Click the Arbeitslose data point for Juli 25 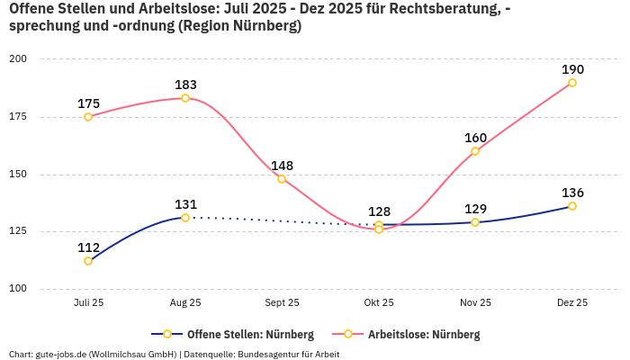pyautogui.click(x=88, y=117)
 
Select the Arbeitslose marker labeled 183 pyautogui.click(x=185, y=98)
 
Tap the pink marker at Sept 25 pyautogui.click(x=282, y=179)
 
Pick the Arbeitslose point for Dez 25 pyautogui.click(x=572, y=83)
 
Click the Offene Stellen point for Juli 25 pyautogui.click(x=88, y=261)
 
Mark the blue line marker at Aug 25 pyautogui.click(x=185, y=218)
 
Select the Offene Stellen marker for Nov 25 pyautogui.click(x=475, y=222)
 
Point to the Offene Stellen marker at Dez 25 pyautogui.click(x=572, y=206)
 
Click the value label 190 pyautogui.click(x=572, y=69)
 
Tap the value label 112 pyautogui.click(x=88, y=247)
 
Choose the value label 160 pyautogui.click(x=475, y=138)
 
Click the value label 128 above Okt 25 pyautogui.click(x=379, y=211)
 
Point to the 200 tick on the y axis pyautogui.click(x=18, y=59)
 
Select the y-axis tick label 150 pyautogui.click(x=18, y=175)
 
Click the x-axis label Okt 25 pyautogui.click(x=379, y=303)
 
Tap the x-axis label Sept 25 pyautogui.click(x=282, y=303)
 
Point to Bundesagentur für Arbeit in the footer pyautogui.click(x=289, y=355)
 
